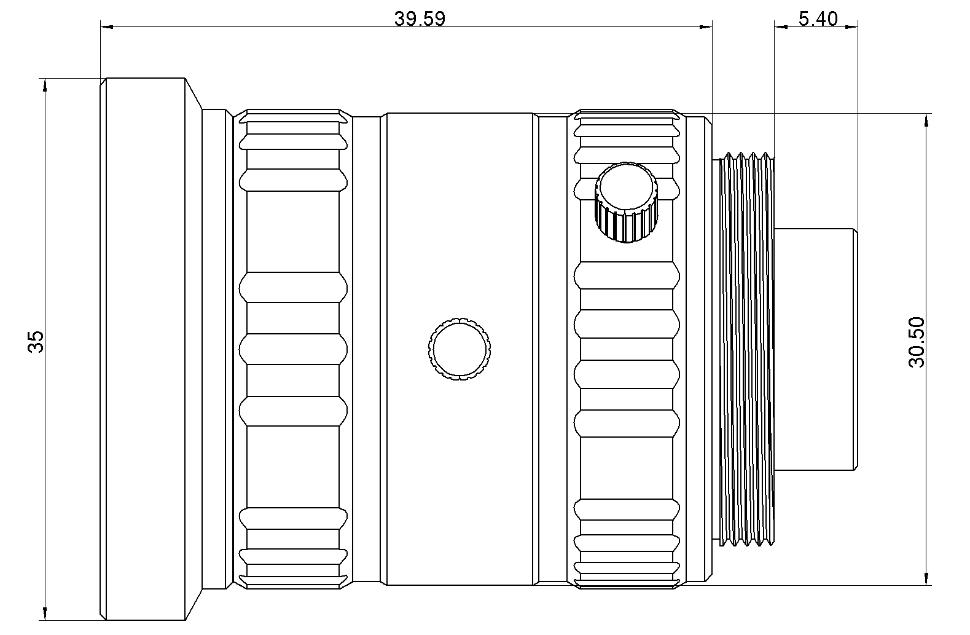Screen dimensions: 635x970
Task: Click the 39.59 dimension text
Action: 420,18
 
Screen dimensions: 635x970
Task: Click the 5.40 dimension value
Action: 818,18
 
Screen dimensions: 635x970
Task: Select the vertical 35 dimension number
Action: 36,342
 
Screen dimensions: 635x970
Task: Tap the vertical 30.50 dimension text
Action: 917,342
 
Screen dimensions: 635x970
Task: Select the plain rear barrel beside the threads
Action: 815,348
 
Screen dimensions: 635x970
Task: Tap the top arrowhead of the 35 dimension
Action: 44,85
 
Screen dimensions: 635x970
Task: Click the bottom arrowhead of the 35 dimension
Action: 44,613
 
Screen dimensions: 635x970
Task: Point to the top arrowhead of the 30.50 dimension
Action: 926,120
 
